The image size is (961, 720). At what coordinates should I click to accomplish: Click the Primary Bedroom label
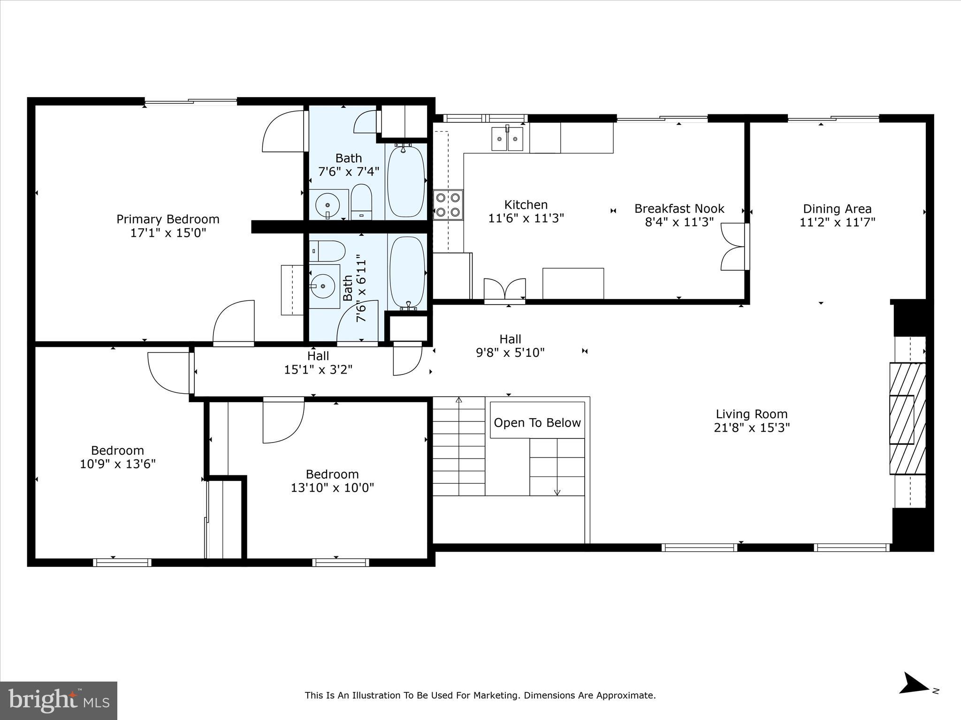pos(168,219)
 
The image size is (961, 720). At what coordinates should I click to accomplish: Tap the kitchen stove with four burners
pos(448,205)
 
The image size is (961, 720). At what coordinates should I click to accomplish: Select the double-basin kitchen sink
pos(507,139)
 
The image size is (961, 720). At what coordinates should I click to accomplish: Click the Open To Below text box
pos(537,423)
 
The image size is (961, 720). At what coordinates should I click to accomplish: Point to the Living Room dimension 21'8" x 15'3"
pos(752,428)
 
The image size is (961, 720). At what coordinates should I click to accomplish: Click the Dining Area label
pos(837,209)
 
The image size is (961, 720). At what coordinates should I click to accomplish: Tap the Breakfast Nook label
pos(679,209)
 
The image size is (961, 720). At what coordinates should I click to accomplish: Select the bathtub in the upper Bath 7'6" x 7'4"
pos(406,181)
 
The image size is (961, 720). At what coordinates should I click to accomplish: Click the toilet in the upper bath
pos(361,203)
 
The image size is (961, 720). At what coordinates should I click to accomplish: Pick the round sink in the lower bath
pos(323,285)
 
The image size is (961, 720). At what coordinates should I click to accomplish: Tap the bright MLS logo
pos(59,700)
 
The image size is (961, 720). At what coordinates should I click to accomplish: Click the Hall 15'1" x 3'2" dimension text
pos(318,370)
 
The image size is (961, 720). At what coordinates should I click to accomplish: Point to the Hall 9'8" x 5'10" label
pos(510,339)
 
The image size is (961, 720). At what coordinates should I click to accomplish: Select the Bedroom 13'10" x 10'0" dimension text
pos(332,488)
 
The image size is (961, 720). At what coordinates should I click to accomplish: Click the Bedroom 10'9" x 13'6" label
pos(117,451)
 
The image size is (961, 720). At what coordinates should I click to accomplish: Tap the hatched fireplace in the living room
pos(908,419)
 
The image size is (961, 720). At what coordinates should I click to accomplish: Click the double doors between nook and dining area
pos(734,247)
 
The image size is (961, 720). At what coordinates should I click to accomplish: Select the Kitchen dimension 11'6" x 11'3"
pos(526,218)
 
